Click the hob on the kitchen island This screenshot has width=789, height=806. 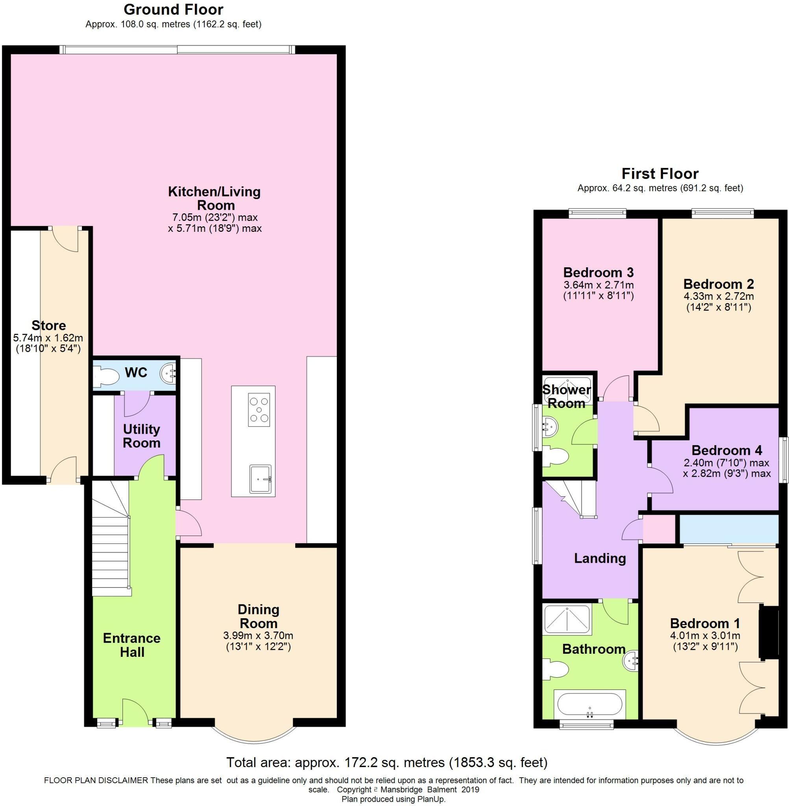259,410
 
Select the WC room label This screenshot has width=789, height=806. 136,373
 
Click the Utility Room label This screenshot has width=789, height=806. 141,436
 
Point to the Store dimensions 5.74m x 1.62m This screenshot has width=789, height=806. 48,338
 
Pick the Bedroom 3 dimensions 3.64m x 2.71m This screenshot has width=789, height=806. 599,285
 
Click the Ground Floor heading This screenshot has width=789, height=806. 174,9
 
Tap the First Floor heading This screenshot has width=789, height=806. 660,173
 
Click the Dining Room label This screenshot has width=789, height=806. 259,616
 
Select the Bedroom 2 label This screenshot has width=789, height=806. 719,284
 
